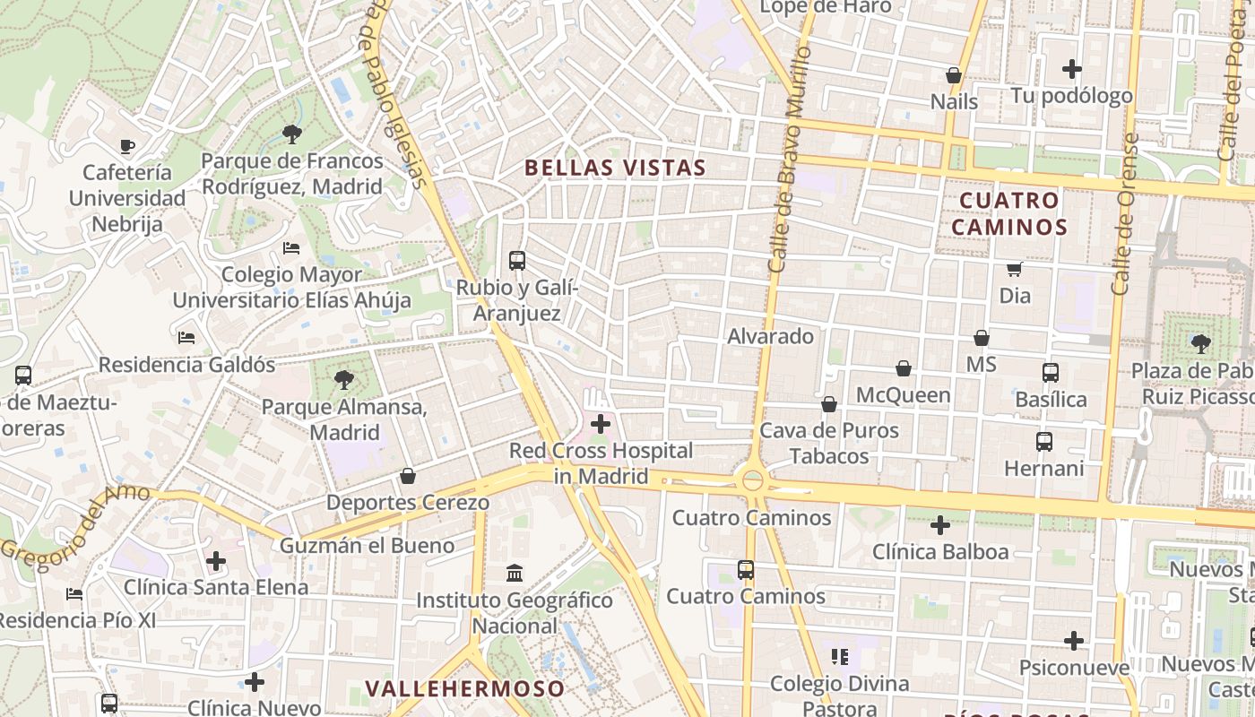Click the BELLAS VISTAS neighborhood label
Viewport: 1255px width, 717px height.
(x=615, y=168)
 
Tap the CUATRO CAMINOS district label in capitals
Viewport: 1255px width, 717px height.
(x=1008, y=213)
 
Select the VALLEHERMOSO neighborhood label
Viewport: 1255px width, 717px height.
(x=465, y=688)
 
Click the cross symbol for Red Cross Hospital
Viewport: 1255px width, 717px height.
(x=601, y=424)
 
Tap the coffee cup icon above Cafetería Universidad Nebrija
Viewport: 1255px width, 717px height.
(x=127, y=146)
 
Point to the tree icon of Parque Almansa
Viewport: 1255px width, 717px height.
(x=343, y=380)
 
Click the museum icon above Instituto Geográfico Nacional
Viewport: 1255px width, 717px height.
(x=515, y=573)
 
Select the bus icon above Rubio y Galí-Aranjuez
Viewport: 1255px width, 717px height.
(x=517, y=261)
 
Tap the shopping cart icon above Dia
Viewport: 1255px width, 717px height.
(x=1015, y=269)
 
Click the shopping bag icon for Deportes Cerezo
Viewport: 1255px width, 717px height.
(x=408, y=475)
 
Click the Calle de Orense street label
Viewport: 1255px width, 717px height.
(x=1124, y=214)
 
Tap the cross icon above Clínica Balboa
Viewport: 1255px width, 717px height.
(x=940, y=524)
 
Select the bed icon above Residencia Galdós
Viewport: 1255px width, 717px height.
(x=186, y=338)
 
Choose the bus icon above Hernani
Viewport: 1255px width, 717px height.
(x=1044, y=441)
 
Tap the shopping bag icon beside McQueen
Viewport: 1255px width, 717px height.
(x=904, y=369)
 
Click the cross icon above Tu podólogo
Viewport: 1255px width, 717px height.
(x=1071, y=68)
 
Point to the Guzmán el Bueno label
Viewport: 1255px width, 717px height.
(x=367, y=545)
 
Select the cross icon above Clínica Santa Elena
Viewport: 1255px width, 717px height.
(x=216, y=561)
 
